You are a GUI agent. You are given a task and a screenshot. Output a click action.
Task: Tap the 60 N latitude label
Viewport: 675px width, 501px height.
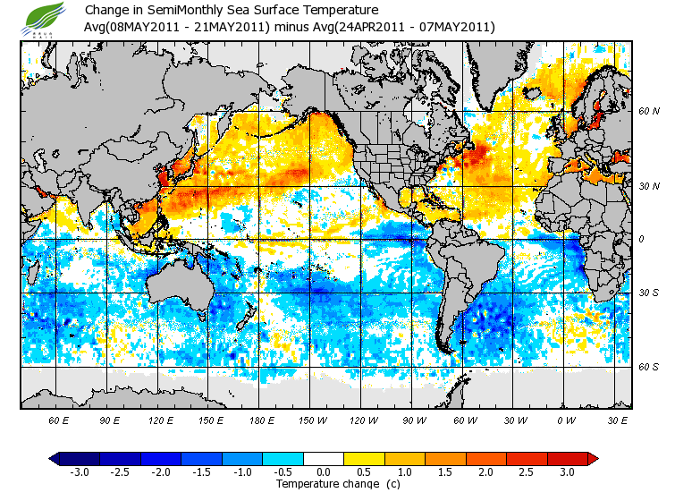tap(648, 111)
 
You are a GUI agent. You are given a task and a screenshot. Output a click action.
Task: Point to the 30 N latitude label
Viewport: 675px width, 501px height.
tap(648, 185)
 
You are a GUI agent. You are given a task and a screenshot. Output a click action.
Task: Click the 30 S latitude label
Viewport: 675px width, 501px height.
tap(648, 293)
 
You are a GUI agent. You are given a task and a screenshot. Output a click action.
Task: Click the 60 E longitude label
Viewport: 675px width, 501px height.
tap(59, 420)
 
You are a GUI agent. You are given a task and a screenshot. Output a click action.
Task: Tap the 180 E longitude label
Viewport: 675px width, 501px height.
tap(262, 420)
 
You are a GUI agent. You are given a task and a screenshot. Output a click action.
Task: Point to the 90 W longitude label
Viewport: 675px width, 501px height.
tap(414, 420)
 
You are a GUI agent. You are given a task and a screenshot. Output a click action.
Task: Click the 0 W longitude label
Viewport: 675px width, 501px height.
tap(566, 420)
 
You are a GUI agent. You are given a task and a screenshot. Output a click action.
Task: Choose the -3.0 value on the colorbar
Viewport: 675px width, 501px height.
tap(79, 472)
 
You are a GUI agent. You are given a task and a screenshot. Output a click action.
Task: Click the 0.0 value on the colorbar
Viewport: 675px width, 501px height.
tap(324, 472)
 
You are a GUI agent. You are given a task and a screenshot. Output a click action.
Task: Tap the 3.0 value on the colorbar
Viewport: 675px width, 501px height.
tap(568, 472)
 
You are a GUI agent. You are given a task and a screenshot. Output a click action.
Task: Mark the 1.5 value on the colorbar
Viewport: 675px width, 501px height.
tap(445, 472)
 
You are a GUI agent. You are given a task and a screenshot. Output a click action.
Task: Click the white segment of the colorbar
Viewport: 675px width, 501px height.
tap(324, 458)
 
